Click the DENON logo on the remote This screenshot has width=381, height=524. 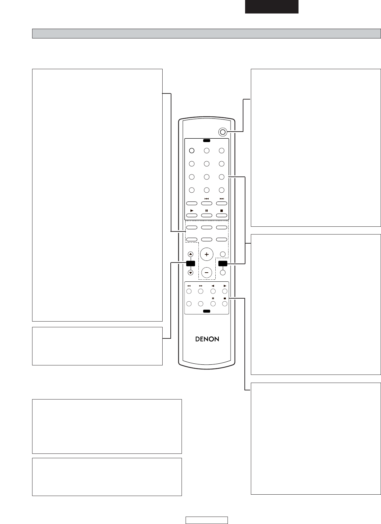[207, 339]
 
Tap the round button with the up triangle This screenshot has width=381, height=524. [191, 254]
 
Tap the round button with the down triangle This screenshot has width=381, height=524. [191, 273]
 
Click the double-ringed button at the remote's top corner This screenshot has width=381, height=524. [222, 132]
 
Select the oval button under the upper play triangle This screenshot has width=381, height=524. [192, 215]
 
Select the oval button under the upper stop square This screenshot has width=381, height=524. [221, 215]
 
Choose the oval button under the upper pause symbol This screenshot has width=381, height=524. [207, 215]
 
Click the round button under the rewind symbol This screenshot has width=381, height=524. [189, 291]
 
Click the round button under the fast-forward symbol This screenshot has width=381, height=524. [200, 291]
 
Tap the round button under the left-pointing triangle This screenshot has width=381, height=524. [213, 291]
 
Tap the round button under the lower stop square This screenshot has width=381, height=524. [225, 304]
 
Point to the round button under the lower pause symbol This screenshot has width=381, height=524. [213, 304]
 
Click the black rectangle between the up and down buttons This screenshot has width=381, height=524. [191, 264]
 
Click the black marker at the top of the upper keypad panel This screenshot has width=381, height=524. [207, 141]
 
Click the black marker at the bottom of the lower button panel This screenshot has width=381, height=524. [207, 311]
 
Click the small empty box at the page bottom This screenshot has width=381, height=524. [207, 520]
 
